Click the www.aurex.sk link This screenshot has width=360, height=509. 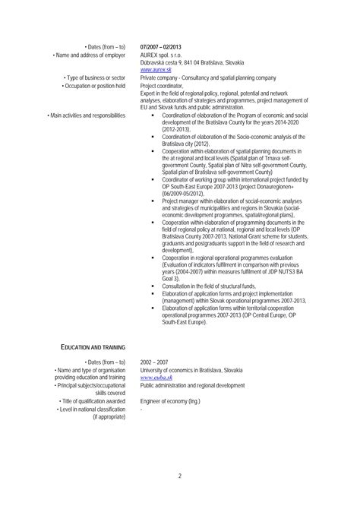(x=156, y=69)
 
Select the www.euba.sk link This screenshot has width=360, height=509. (x=156, y=378)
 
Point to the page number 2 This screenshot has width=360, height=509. (x=180, y=477)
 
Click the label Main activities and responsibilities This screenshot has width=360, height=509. (x=92, y=114)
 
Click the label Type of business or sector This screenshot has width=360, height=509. (x=101, y=77)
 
